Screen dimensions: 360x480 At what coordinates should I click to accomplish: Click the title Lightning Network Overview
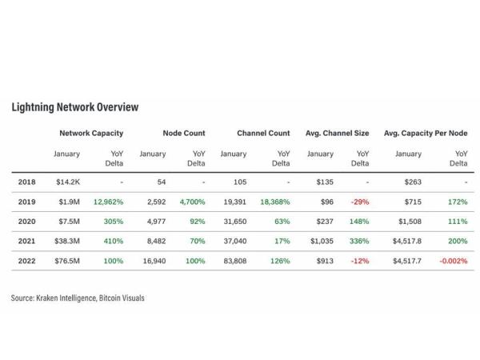coord(74,107)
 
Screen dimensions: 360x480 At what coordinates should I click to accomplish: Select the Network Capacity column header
coord(91,133)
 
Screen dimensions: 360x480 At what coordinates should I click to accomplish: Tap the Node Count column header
coord(183,133)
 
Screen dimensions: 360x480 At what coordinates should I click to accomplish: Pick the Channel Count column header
coord(263,133)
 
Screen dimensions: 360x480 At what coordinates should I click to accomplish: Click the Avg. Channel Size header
coord(337,133)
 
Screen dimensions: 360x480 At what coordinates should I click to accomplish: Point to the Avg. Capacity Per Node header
coord(426,133)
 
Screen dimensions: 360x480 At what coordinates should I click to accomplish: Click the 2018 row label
coord(26,182)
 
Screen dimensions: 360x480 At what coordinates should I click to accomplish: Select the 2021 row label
coord(26,242)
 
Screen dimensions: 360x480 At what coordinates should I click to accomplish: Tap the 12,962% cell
coord(108,202)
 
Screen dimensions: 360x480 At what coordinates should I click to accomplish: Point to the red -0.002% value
coord(453,262)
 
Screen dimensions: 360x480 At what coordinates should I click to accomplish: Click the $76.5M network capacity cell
coord(67,262)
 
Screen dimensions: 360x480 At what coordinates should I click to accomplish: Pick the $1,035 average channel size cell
coord(321,242)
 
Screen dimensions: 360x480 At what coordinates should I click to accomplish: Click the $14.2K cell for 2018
coord(67,182)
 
